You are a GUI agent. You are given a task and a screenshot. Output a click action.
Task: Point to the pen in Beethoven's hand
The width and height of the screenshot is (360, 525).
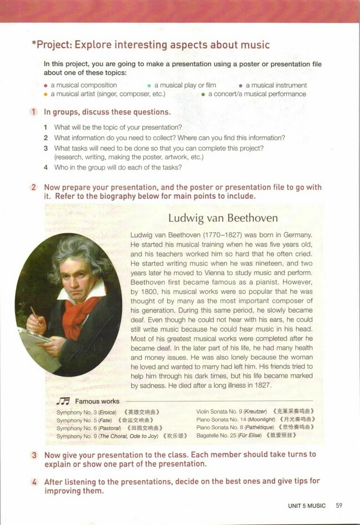point(34,314)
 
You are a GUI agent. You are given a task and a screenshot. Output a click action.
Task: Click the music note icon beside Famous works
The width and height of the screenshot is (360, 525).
point(63,401)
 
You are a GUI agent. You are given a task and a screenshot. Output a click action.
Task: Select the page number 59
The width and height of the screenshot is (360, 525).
point(339,506)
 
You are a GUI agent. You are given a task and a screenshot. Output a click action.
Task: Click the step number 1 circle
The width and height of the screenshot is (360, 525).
point(34,112)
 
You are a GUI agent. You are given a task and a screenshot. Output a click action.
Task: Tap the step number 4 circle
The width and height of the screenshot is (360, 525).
point(34,481)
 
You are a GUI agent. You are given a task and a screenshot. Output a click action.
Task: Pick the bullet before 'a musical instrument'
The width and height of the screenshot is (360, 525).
point(240,86)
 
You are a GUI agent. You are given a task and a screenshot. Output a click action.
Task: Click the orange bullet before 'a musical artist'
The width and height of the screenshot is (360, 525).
point(46,94)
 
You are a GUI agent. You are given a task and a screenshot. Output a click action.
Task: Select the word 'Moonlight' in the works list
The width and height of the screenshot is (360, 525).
point(263,419)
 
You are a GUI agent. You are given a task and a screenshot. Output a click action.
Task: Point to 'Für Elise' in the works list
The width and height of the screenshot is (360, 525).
point(251,436)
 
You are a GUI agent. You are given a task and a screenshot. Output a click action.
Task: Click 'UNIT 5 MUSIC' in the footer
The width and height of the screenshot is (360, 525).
point(307,506)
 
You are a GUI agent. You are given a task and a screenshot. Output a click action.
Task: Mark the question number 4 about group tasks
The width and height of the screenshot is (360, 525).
point(46,167)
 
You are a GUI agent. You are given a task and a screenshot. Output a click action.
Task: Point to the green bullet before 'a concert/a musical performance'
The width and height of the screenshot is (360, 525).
point(203,94)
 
